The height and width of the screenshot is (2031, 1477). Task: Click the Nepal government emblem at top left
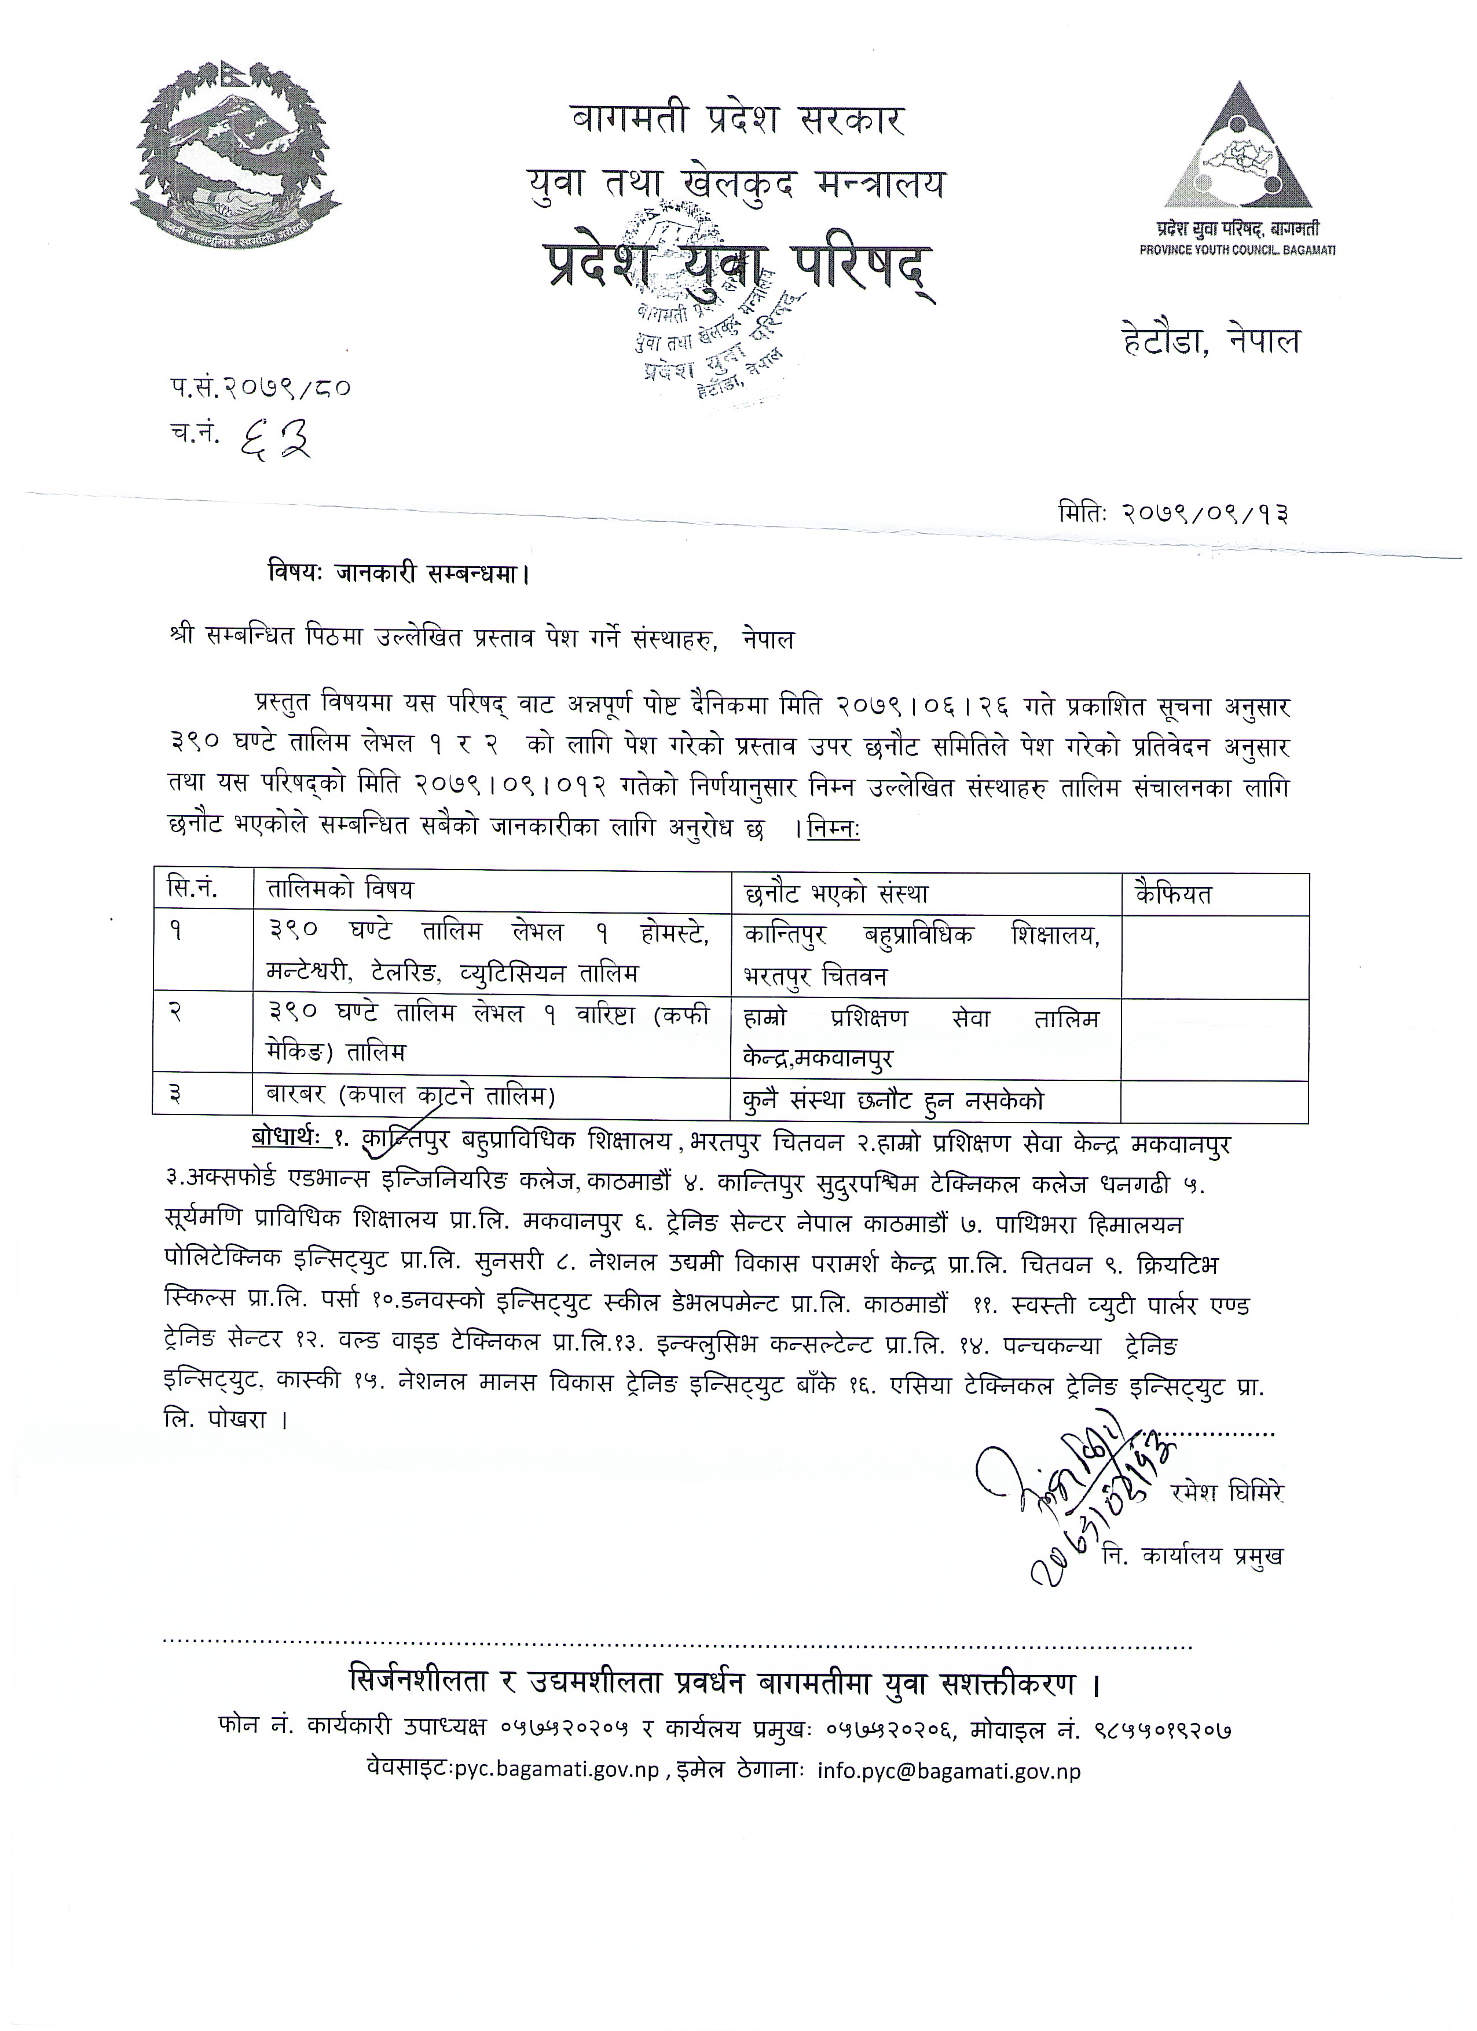236,157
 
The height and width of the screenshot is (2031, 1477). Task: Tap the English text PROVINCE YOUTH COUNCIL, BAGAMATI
1237,251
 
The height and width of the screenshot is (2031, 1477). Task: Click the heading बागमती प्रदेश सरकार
738,119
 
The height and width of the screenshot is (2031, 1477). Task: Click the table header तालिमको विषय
340,891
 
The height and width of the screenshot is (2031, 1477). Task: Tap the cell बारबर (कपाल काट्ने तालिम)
411,1095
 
